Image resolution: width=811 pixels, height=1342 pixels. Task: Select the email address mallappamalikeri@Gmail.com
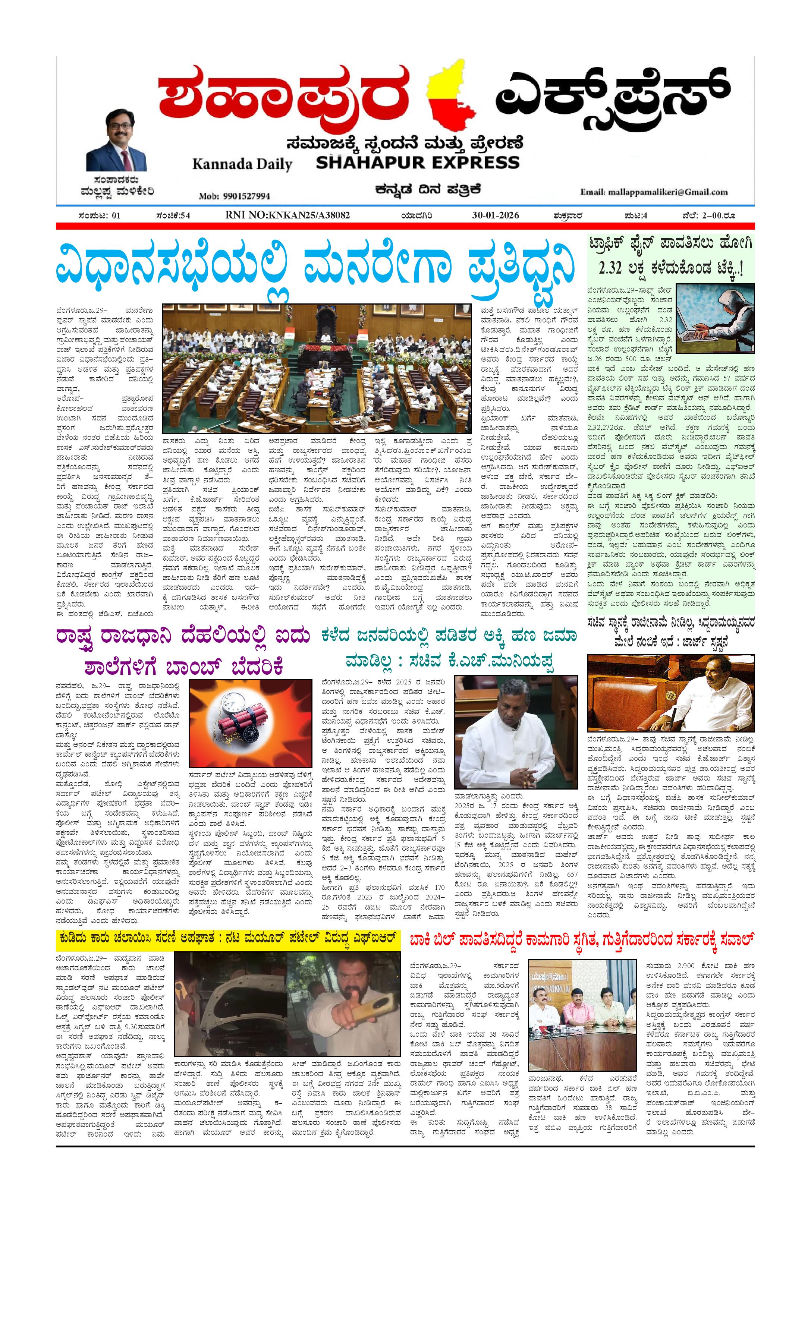(x=654, y=192)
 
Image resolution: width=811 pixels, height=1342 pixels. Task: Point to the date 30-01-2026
(x=495, y=215)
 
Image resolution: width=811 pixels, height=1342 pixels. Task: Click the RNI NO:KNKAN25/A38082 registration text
(x=287, y=215)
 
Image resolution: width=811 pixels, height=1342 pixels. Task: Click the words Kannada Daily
(x=242, y=164)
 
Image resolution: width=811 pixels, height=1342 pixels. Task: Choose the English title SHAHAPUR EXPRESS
(x=418, y=162)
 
